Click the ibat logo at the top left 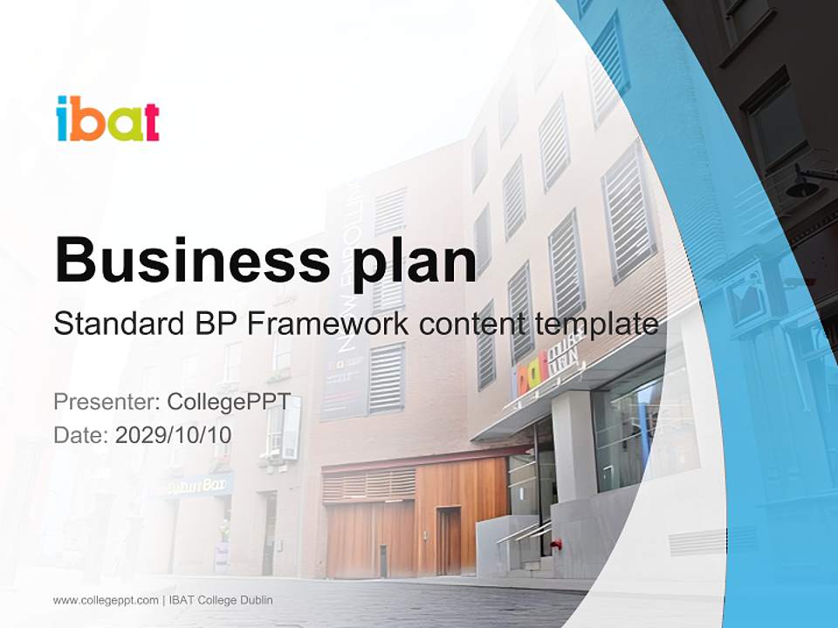(107, 119)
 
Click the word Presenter (106, 402)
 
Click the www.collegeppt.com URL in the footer (106, 600)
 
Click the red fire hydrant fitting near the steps (556, 544)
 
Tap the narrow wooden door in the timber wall (449, 541)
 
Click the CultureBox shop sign (194, 485)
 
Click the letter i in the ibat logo (62, 119)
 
